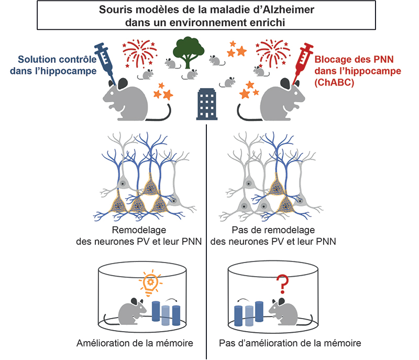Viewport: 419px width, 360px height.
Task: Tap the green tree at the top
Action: point(190,51)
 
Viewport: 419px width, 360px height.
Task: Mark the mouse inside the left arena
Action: point(131,312)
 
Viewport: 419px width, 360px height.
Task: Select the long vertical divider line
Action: point(207,236)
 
